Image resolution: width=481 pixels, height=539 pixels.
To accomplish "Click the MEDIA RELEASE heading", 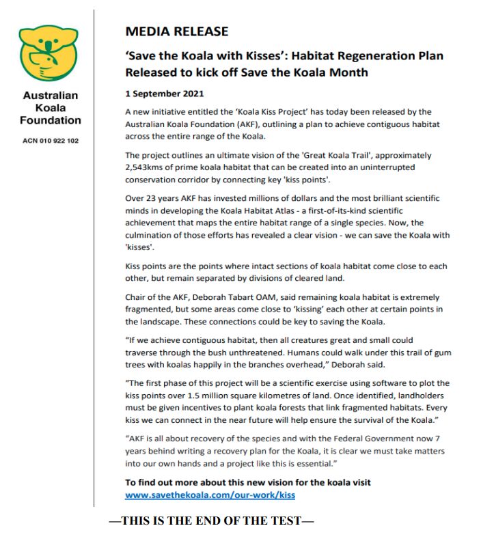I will click(x=176, y=31).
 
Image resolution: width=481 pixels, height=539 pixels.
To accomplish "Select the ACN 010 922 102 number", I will click(x=51, y=141).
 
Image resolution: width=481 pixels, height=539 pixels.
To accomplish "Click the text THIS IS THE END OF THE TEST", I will click(x=212, y=521).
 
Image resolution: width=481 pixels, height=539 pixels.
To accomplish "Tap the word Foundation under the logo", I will click(x=51, y=120).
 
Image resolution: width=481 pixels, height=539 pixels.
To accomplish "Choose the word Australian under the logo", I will click(x=51, y=96).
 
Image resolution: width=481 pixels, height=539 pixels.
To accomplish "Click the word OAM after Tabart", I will click(x=263, y=298).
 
